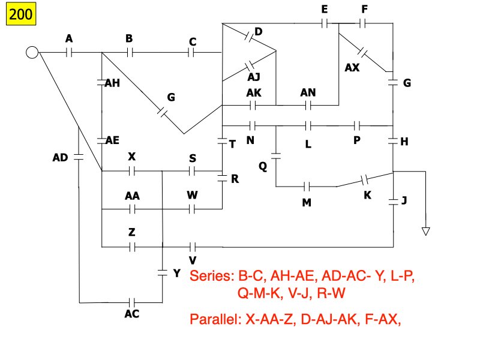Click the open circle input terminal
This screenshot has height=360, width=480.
point(32,53)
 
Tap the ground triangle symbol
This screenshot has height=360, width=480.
point(426,231)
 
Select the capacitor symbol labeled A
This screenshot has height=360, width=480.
point(69,53)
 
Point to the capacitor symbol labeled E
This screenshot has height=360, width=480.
point(325,24)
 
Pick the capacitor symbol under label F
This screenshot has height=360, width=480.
point(363,24)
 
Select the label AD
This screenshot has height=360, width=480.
point(61,158)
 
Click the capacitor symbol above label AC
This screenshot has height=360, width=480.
point(133,302)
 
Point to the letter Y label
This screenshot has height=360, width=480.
point(176,274)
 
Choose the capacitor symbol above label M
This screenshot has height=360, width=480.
point(307,187)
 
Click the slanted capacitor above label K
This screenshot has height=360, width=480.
point(364,179)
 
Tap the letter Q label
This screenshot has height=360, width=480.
point(263,166)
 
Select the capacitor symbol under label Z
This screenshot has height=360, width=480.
point(132,246)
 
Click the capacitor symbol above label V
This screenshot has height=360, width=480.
point(193,246)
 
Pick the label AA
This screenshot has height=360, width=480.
point(133,196)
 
